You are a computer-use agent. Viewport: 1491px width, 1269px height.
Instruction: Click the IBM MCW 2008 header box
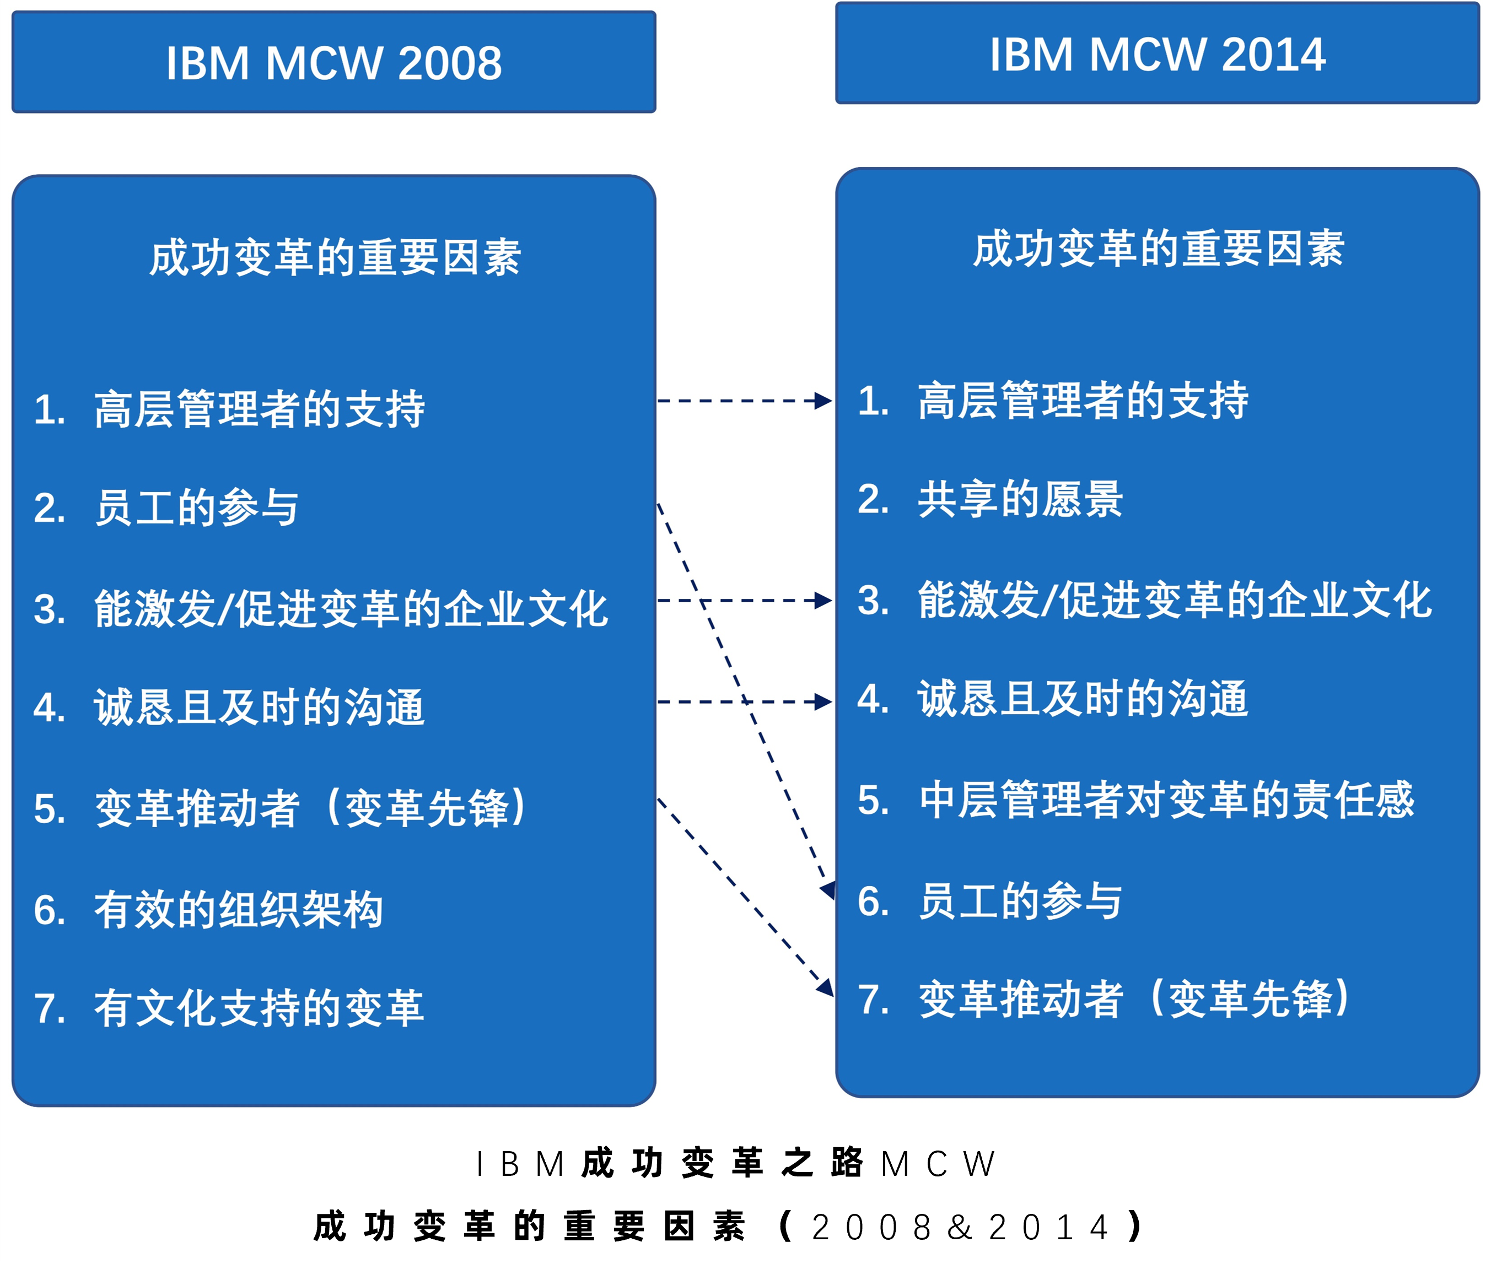pos(334,62)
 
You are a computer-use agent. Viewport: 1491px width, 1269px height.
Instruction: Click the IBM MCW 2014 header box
pos(1157,53)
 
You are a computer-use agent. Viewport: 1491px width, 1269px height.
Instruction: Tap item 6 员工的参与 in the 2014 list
pos(990,901)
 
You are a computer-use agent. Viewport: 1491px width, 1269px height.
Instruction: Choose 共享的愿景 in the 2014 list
pos(990,499)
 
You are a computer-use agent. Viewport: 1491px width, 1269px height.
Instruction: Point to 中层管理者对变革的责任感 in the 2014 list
pos(1136,800)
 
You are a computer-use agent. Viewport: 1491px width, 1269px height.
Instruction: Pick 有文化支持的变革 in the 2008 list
pos(229,1008)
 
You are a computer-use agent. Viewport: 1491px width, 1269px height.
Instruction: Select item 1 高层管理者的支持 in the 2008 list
pos(229,409)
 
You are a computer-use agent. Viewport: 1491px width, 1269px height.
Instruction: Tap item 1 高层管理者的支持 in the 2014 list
pos(1053,400)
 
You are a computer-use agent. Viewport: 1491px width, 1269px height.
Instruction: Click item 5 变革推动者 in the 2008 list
pos(281,808)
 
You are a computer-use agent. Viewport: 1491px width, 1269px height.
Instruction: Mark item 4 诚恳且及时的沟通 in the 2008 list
pos(229,707)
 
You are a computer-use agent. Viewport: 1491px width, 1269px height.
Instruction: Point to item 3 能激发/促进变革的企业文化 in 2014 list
pos(1145,600)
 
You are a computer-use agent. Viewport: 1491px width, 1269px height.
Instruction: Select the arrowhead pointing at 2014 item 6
pos(828,890)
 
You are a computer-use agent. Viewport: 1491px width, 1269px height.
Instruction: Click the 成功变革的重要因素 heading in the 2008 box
pos(335,257)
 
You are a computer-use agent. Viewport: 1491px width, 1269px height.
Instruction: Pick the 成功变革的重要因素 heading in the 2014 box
pos(1159,249)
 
